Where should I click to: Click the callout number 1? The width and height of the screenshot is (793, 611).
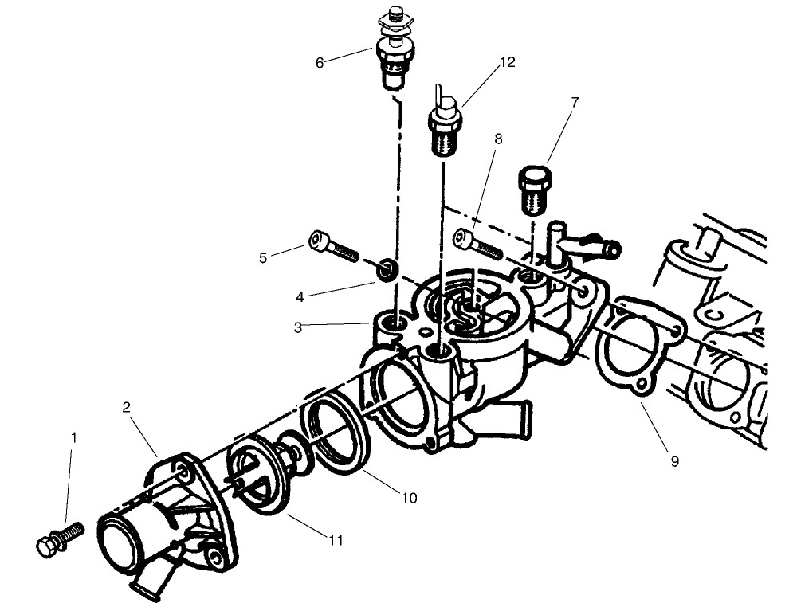pos(74,437)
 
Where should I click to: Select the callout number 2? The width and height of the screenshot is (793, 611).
pos(127,408)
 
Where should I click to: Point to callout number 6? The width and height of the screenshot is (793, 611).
pos(320,62)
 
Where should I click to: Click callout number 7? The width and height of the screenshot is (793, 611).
pos(574,102)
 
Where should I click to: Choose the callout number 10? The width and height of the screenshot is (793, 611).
pos(409,499)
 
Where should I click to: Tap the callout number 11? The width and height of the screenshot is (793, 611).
pos(336,540)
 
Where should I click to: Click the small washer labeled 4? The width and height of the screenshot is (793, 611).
pos(387,268)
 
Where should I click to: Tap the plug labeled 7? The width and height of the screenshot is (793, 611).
pos(532,189)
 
